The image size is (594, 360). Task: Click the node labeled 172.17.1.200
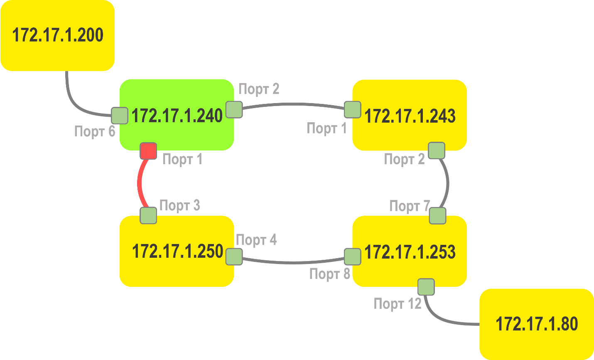click(x=57, y=35)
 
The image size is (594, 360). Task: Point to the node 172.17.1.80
click(x=537, y=324)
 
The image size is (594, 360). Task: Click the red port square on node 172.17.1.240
click(x=148, y=151)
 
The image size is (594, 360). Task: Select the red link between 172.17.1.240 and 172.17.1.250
click(x=140, y=183)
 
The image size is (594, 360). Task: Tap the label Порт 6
click(x=94, y=131)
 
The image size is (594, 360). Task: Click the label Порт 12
click(x=398, y=304)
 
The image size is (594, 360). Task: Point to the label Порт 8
click(x=330, y=274)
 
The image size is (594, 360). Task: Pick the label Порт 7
click(x=410, y=206)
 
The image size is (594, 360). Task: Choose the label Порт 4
click(x=256, y=240)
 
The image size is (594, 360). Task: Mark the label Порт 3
click(x=179, y=205)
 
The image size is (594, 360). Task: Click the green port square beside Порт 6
click(x=120, y=116)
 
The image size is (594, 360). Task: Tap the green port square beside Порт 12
click(x=426, y=287)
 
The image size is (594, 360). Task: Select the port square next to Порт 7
click(x=437, y=216)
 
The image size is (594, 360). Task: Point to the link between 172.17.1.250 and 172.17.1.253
click(x=293, y=262)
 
